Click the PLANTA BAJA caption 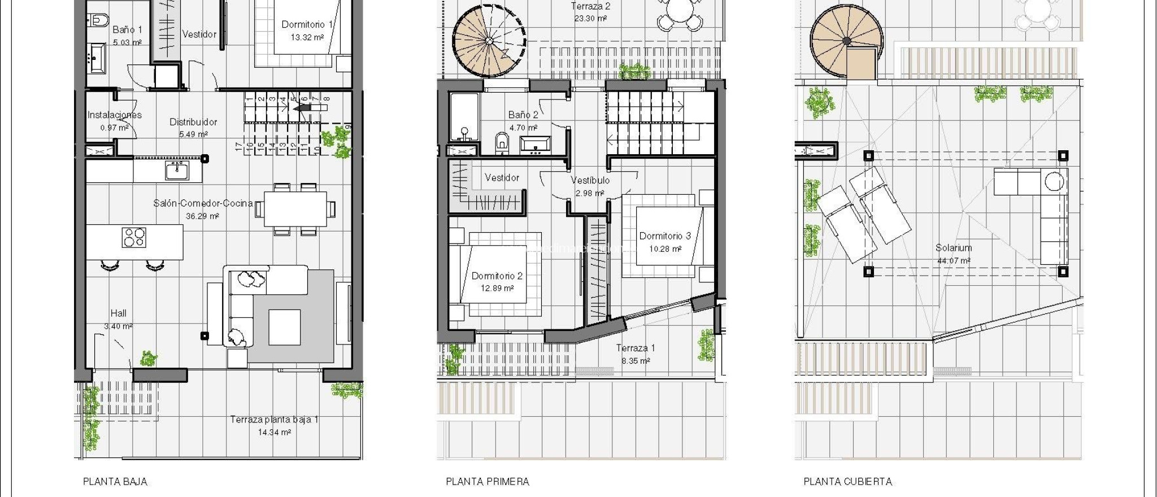[x=115, y=482]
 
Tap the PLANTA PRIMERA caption [x=488, y=482]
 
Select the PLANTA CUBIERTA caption [x=847, y=482]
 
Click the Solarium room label [x=954, y=248]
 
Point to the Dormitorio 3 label [x=665, y=236]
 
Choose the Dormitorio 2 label [x=497, y=276]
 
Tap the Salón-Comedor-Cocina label [x=203, y=203]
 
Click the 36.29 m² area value [x=202, y=216]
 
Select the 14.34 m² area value [x=274, y=432]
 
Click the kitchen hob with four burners [x=134, y=237]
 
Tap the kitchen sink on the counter [x=177, y=169]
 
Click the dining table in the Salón [x=295, y=209]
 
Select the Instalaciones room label [x=115, y=115]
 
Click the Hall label [x=119, y=313]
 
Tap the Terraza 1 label [x=636, y=348]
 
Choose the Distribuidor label [x=193, y=122]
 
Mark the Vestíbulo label [x=590, y=180]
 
